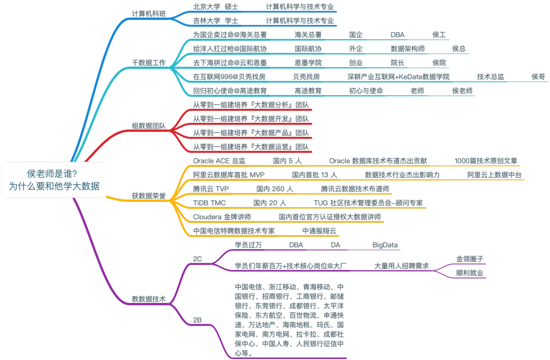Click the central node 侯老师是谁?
tap(53, 179)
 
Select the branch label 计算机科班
tap(149, 14)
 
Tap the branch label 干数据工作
tap(149, 63)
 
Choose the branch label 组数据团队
tap(149, 126)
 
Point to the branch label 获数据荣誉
tap(149, 196)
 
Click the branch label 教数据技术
tap(149, 299)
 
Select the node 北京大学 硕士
tap(215, 7)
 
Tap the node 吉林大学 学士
tap(215, 21)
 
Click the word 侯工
tap(439, 35)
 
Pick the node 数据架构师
tap(407, 49)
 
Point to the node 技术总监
tap(490, 77)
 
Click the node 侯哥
tap(538, 77)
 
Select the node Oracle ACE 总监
tap(219, 160)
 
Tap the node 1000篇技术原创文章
tap(486, 160)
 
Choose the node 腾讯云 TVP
tap(211, 188)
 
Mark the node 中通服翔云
tap(319, 231)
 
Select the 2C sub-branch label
tap(198, 259)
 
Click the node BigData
tap(385, 245)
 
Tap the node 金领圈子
tap(470, 259)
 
